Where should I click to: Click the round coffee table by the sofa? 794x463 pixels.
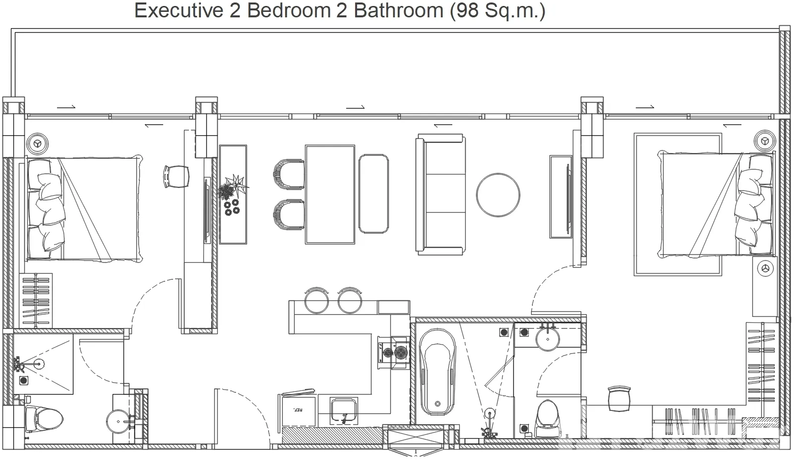tap(498, 195)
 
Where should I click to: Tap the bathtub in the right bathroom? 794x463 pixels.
tap(437, 372)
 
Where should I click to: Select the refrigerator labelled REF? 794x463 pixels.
tap(299, 411)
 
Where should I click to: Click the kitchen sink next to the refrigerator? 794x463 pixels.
tap(344, 411)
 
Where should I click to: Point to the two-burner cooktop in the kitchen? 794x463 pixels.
tap(394, 352)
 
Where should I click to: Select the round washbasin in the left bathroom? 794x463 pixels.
tap(119, 421)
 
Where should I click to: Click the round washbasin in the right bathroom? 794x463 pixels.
tap(548, 339)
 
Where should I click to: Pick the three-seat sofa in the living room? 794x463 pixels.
tap(440, 194)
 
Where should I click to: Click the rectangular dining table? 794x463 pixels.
tap(330, 194)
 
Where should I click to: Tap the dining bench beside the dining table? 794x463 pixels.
tap(373, 194)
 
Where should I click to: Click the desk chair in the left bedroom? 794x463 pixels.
tap(176, 176)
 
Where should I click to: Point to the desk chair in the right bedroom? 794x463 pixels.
tap(619, 399)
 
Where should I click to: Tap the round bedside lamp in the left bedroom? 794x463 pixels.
tap(37, 143)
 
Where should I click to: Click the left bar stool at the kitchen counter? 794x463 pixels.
tap(316, 300)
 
